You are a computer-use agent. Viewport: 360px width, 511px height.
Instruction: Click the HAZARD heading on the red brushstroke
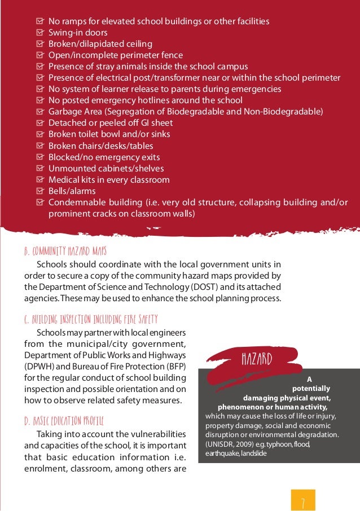[257, 359]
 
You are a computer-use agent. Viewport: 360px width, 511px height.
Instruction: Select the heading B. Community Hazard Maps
[65, 250]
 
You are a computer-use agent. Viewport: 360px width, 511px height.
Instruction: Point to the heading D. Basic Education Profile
[64, 421]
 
